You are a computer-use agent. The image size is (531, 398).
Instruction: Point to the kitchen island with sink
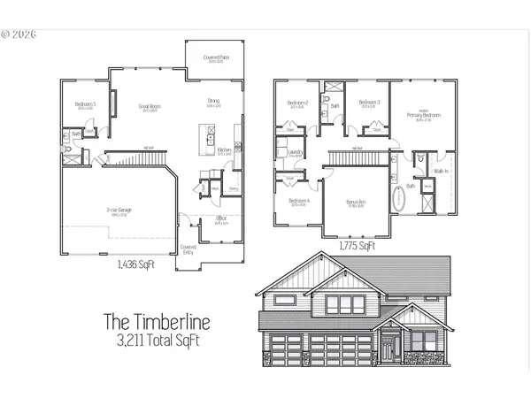pos(211,135)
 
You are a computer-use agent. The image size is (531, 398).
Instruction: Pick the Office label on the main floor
pos(221,220)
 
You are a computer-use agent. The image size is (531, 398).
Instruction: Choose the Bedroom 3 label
pos(369,103)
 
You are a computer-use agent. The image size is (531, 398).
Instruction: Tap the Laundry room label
pos(296,152)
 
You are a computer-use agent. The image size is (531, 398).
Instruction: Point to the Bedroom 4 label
pos(298,203)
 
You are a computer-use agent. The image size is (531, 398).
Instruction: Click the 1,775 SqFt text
pos(356,247)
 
